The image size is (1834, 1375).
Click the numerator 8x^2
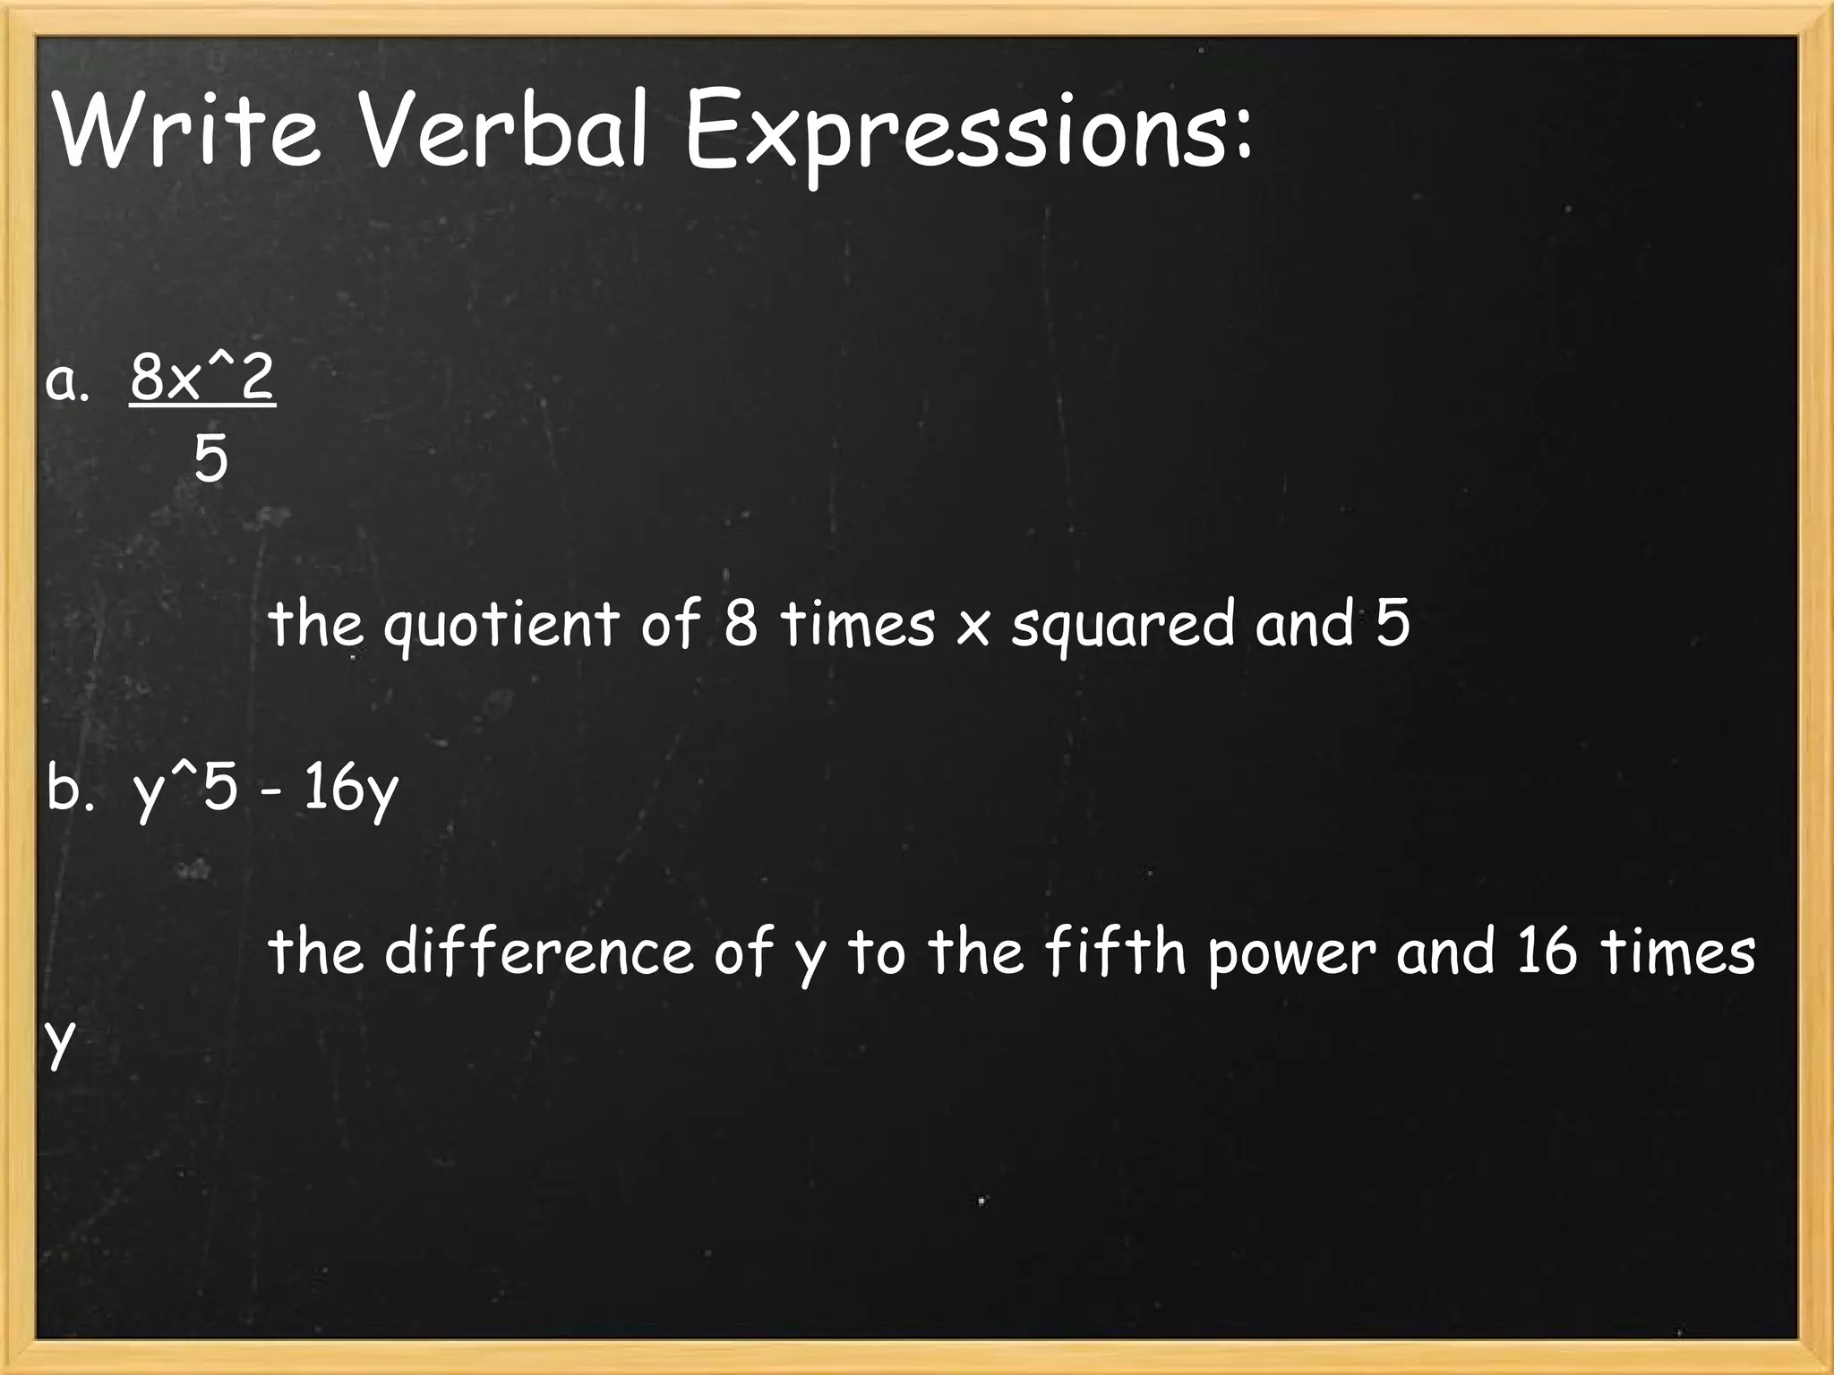tap(202, 378)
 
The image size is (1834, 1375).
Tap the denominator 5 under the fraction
tap(211, 460)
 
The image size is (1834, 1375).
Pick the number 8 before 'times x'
tap(741, 623)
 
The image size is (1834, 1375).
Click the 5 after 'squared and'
tap(1393, 623)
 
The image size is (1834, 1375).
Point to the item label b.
tap(70, 789)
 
